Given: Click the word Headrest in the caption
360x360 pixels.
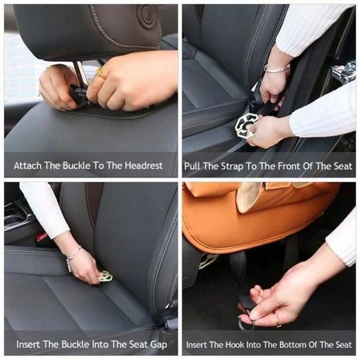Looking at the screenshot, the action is (144, 166).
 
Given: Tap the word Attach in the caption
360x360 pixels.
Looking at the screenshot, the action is (28, 166).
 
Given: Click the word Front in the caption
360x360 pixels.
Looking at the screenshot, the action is (289, 166).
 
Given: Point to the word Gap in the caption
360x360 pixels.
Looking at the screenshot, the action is (158, 345).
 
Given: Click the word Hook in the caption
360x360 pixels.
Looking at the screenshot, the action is (235, 344).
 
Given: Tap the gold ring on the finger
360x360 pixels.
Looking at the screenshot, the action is (101, 73).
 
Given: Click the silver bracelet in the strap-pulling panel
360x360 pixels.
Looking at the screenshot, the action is (276, 69).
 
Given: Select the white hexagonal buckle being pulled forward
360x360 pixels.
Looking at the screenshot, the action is (247, 125).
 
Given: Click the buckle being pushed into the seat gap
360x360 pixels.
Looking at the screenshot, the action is (105, 276).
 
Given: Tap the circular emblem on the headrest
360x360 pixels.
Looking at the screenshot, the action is (147, 14).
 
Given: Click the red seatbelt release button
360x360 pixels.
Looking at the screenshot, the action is (41, 237).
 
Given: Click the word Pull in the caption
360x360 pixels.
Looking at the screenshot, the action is (192, 166).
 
